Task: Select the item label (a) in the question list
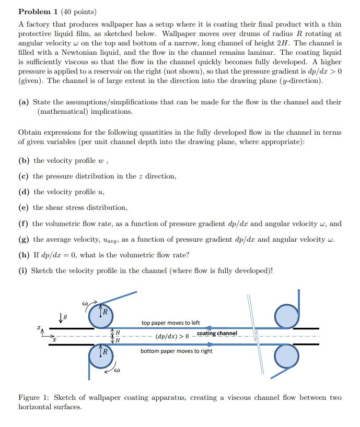tap(24, 102)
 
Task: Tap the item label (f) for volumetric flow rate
tap(24, 224)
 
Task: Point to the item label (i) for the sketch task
tap(24, 270)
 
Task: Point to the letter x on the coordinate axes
tap(53, 340)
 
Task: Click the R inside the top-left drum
tap(104, 313)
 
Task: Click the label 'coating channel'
tap(217, 334)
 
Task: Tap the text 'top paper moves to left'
tap(170, 323)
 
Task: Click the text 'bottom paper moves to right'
tap(176, 351)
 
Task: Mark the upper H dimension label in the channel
tap(118, 333)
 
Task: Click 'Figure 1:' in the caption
tap(34, 398)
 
